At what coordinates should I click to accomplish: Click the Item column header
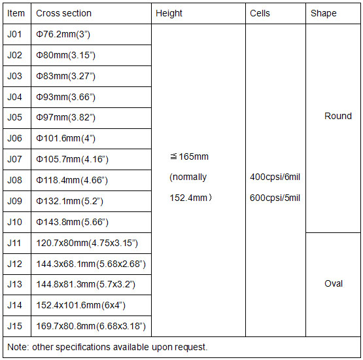click(16, 13)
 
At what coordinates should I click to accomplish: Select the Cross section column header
click(63, 13)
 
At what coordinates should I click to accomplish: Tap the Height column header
click(169, 14)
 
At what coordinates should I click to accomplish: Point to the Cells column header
click(260, 13)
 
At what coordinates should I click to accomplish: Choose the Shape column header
click(323, 14)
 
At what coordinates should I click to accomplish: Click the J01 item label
click(14, 34)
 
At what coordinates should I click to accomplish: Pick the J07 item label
click(14, 160)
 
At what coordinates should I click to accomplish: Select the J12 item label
click(14, 264)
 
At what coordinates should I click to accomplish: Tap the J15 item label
click(14, 326)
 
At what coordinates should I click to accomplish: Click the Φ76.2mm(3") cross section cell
click(63, 35)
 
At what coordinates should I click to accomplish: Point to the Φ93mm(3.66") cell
click(65, 98)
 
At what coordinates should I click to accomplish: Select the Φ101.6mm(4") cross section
click(65, 139)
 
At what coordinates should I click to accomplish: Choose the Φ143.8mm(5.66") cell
click(72, 223)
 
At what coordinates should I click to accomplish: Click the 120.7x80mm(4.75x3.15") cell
click(87, 243)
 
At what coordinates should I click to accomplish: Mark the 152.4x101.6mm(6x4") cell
click(81, 306)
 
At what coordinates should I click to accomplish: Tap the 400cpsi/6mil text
click(275, 177)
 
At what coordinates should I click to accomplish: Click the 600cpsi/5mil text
click(275, 198)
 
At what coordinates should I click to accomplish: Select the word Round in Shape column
click(338, 116)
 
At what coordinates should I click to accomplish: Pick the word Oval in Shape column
click(334, 284)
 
